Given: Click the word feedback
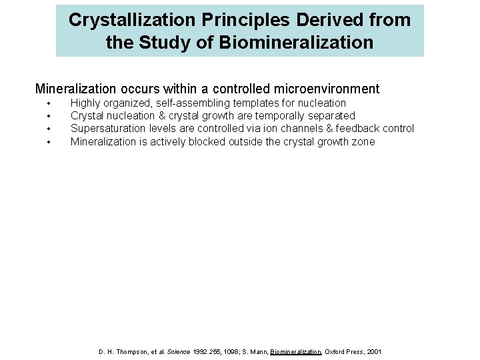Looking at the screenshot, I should tap(357, 129).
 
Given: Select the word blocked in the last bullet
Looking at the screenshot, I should tap(206, 141).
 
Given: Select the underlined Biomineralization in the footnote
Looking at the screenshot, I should tap(296, 351).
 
